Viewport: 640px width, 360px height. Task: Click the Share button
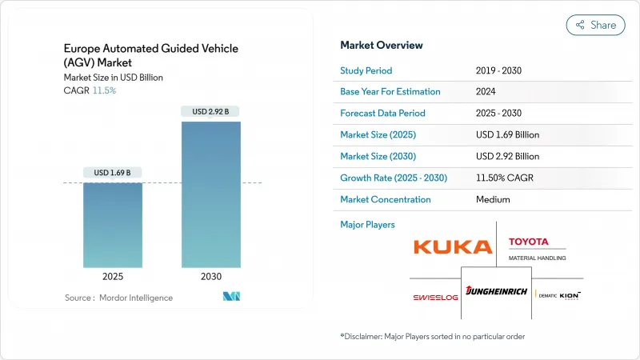click(595, 25)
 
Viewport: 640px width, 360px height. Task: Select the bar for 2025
click(113, 225)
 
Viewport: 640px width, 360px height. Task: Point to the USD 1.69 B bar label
click(113, 173)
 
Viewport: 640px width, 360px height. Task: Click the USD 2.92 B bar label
click(211, 111)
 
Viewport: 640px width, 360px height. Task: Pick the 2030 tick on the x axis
click(211, 276)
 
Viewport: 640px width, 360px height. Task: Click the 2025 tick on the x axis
click(113, 276)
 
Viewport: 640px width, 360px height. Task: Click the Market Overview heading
click(382, 45)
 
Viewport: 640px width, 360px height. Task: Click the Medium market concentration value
click(492, 199)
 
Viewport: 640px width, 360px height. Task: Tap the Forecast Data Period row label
click(382, 113)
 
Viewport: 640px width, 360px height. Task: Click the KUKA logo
click(453, 246)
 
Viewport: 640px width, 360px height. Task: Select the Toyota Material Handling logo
click(537, 247)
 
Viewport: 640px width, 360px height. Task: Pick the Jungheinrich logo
click(496, 292)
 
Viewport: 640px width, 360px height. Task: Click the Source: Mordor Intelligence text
click(118, 298)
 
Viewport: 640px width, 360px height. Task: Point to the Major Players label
click(367, 224)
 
